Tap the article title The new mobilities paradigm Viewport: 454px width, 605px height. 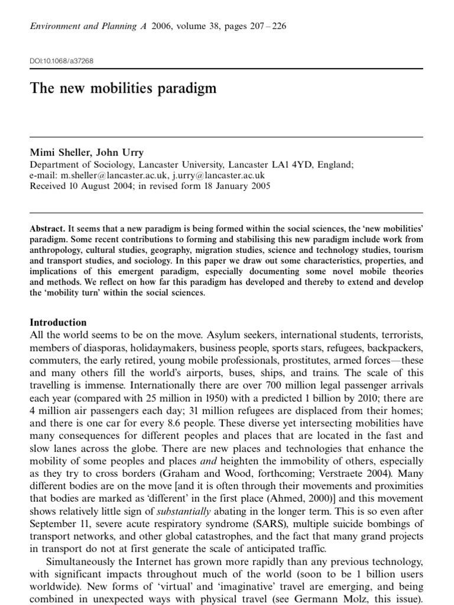(123, 89)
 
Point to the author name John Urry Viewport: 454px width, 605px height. (122, 152)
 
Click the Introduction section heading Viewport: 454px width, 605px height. (58, 323)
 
